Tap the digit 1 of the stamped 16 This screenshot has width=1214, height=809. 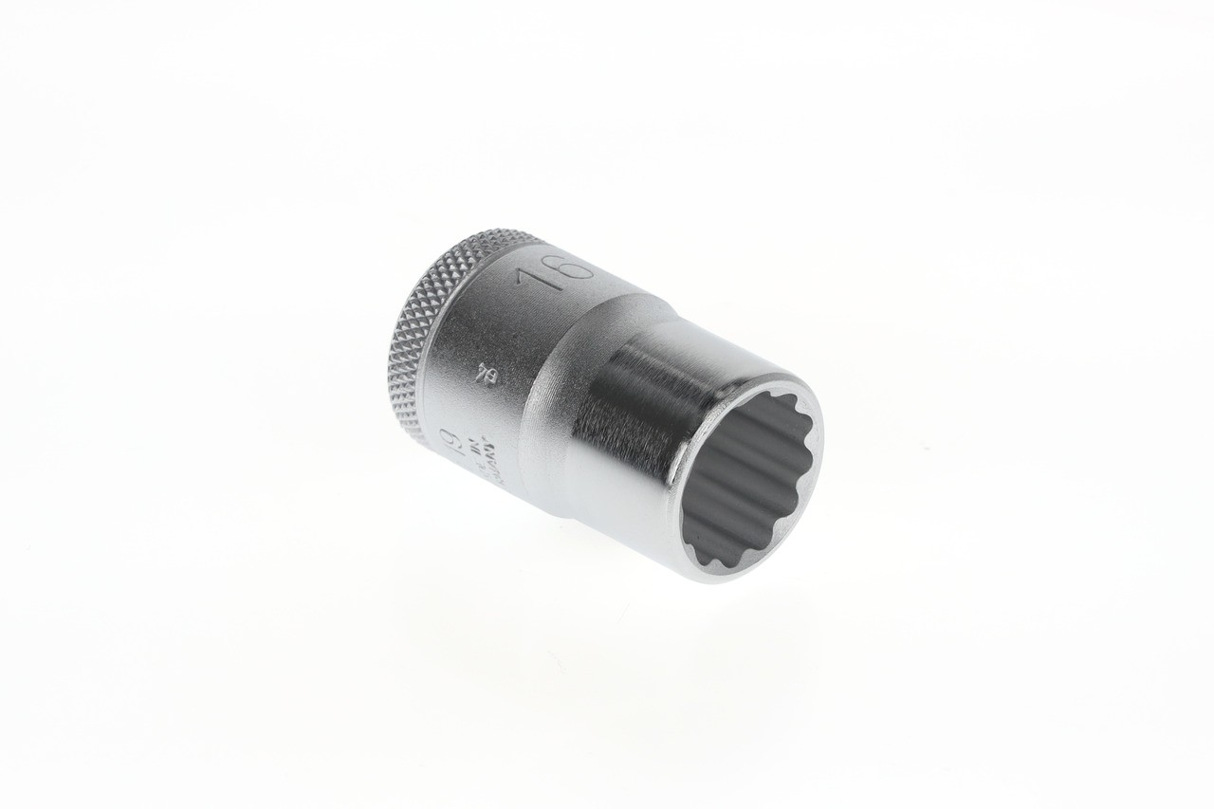533,282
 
